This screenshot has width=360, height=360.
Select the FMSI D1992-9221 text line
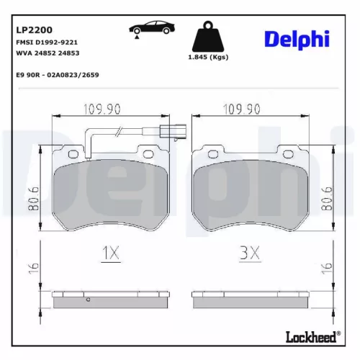tap(47, 43)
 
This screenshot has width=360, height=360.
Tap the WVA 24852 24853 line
tap(47, 53)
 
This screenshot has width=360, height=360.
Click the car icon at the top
tap(150, 29)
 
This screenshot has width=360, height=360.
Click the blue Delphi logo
tap(296, 40)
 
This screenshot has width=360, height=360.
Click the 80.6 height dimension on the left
tap(32, 198)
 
